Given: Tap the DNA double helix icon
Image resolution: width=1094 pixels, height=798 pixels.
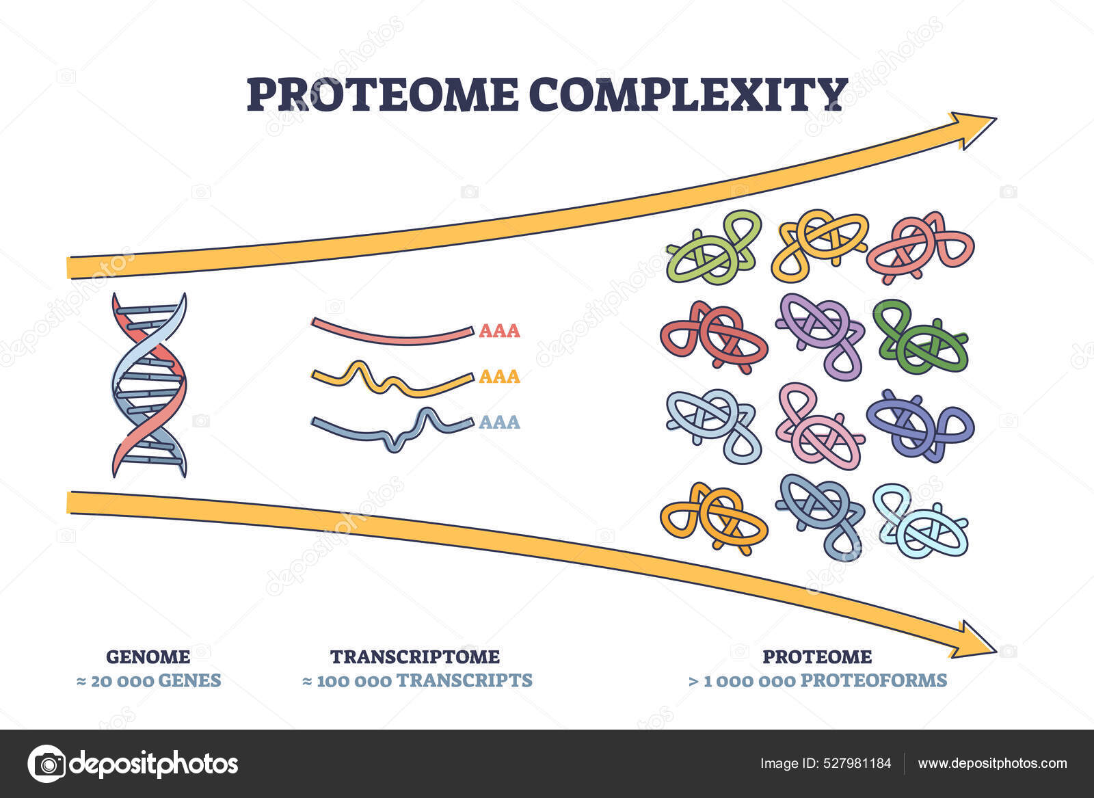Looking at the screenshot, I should (x=149, y=385).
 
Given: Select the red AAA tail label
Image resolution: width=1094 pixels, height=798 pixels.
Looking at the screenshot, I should (x=499, y=332).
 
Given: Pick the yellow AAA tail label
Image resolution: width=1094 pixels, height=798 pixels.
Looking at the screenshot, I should (x=499, y=377).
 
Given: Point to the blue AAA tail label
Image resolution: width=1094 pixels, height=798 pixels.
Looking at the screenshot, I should (x=499, y=422).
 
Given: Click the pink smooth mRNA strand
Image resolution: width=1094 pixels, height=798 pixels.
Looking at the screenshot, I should (x=392, y=331).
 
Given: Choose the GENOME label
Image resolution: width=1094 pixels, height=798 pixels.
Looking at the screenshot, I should (x=148, y=657).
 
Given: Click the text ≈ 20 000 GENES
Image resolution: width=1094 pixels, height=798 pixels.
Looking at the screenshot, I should (x=148, y=680).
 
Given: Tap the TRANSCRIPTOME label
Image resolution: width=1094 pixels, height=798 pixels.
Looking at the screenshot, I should (x=415, y=657).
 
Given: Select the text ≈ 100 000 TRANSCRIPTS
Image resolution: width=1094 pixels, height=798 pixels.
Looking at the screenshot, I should (x=417, y=680).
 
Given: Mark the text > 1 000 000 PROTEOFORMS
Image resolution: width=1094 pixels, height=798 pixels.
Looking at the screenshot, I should (x=817, y=680).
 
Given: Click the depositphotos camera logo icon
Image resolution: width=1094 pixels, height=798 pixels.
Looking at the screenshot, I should (x=46, y=763).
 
